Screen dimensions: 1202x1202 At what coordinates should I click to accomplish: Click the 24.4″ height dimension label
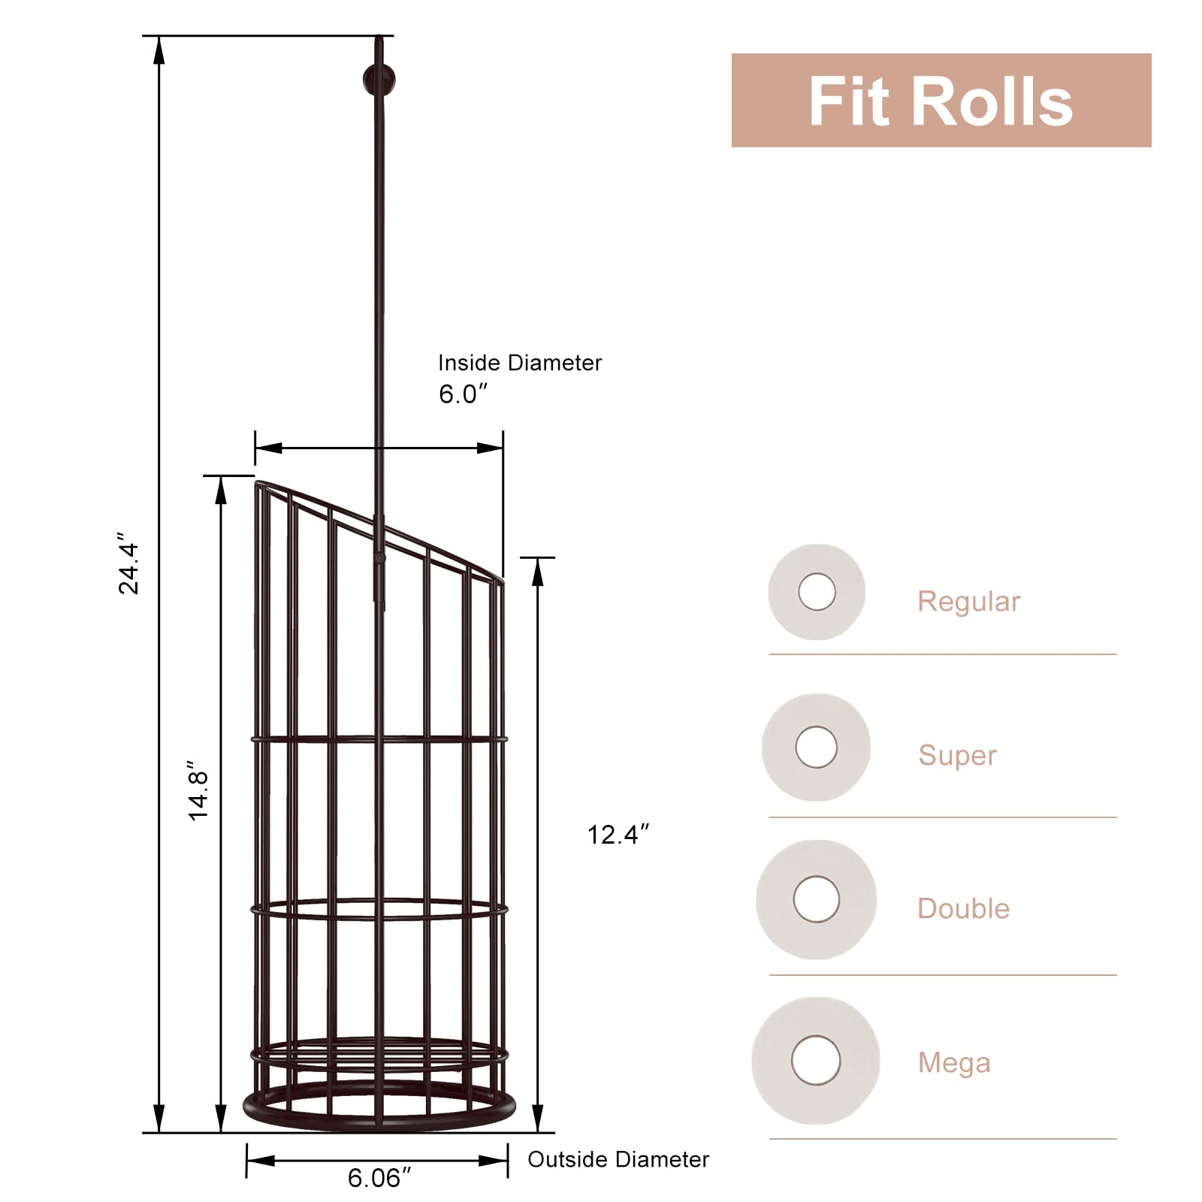[x=128, y=569]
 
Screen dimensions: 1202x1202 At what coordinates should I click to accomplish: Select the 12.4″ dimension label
[x=618, y=835]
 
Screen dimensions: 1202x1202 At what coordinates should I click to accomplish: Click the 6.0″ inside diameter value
[x=463, y=394]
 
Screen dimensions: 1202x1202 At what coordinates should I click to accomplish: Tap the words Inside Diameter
[x=520, y=363]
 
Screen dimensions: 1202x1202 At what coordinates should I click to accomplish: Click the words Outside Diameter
[x=618, y=1159]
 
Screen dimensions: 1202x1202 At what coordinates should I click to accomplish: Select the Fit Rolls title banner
[x=941, y=101]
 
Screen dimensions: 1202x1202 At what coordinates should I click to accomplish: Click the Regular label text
[x=968, y=602]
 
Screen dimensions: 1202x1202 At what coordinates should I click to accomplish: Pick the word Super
[x=957, y=755]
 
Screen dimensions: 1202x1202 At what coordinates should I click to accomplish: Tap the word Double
[x=963, y=909]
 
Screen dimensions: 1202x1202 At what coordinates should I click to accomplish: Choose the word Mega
[x=954, y=1062]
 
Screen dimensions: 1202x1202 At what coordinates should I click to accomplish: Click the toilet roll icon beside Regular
[x=817, y=592]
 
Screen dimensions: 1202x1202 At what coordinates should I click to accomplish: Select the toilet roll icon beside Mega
[x=816, y=1060]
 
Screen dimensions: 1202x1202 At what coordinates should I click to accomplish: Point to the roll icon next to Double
[x=817, y=899]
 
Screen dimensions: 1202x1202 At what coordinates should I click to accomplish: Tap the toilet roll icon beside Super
[x=817, y=747]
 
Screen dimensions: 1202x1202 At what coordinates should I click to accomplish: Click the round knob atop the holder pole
[x=379, y=80]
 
